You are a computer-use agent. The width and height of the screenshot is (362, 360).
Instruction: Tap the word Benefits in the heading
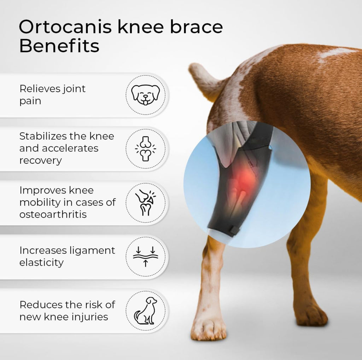tap(59, 46)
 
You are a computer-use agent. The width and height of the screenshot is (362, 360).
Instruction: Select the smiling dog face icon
tap(145, 95)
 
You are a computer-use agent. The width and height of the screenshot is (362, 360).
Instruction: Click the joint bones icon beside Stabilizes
tap(145, 149)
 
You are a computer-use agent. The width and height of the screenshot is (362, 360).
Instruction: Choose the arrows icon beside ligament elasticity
tap(145, 257)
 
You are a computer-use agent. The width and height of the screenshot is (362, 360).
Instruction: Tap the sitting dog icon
tap(145, 310)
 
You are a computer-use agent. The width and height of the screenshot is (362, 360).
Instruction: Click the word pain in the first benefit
tap(30, 101)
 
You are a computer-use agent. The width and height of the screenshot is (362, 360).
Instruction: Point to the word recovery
tap(40, 160)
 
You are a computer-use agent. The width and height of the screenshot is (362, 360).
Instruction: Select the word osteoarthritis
tap(53, 214)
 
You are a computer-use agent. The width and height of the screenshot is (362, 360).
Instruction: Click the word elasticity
tap(41, 262)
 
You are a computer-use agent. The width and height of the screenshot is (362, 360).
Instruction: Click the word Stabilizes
tap(42, 136)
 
